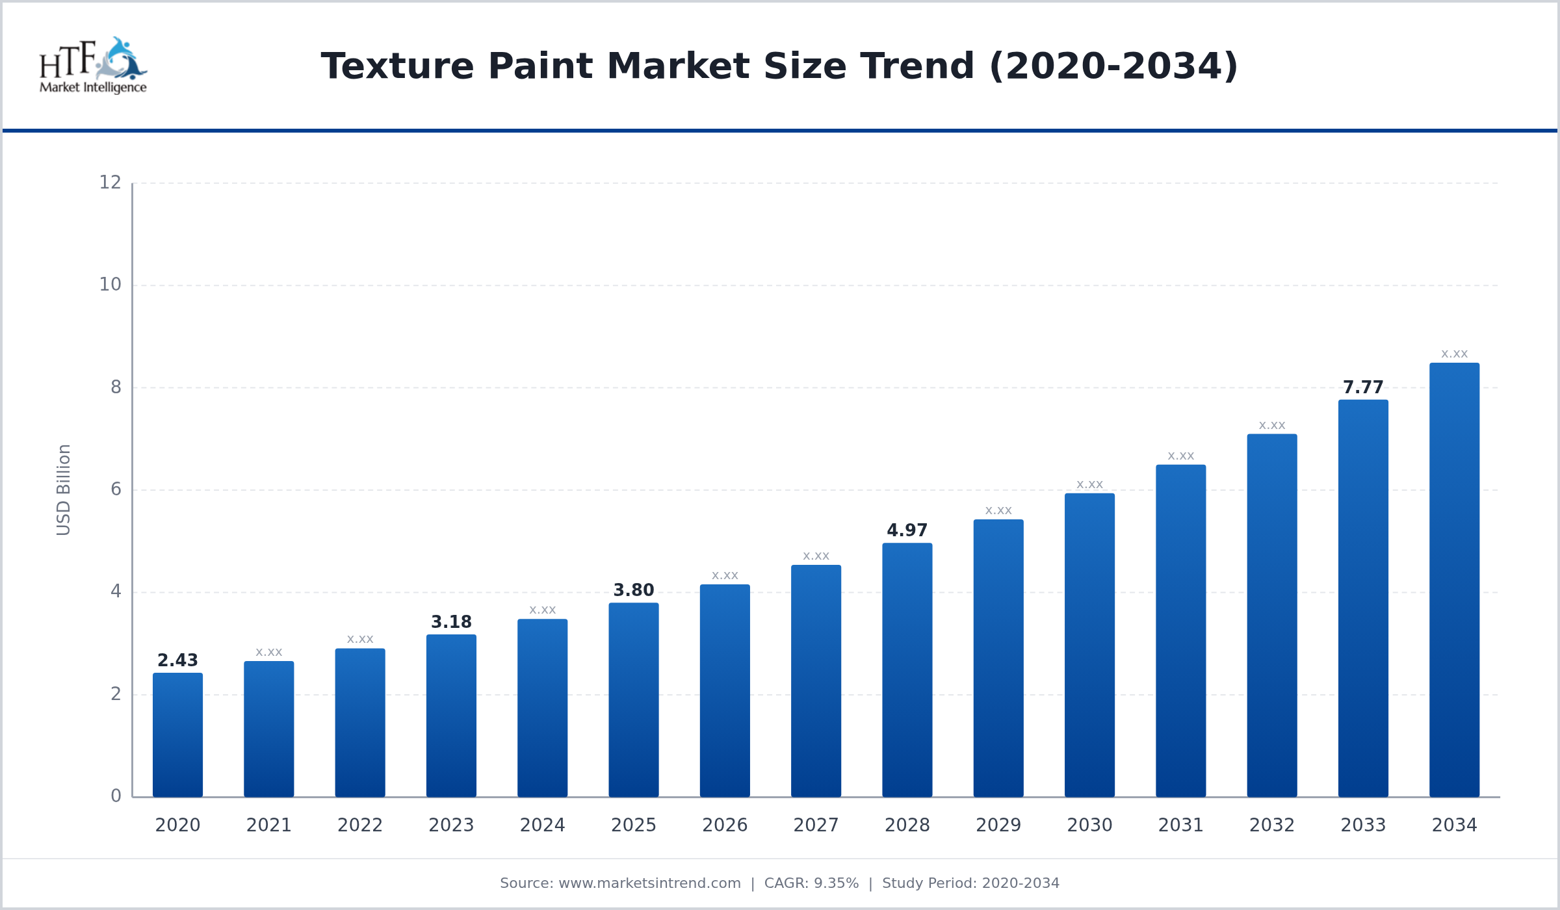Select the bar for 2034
click(1454, 580)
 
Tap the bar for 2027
click(816, 681)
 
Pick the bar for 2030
click(1089, 645)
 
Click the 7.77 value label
click(1363, 387)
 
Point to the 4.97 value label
click(907, 530)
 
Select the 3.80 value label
click(633, 590)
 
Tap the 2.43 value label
click(177, 660)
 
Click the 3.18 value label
click(451, 622)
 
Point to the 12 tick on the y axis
click(110, 183)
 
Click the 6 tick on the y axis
click(116, 489)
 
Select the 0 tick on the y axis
click(116, 796)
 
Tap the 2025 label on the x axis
click(633, 825)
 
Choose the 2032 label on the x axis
click(1271, 825)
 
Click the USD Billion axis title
click(63, 489)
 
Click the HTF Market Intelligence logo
click(93, 66)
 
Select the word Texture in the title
click(397, 66)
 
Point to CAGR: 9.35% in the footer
click(811, 883)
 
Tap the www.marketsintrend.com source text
click(649, 883)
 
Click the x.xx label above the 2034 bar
click(1454, 354)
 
